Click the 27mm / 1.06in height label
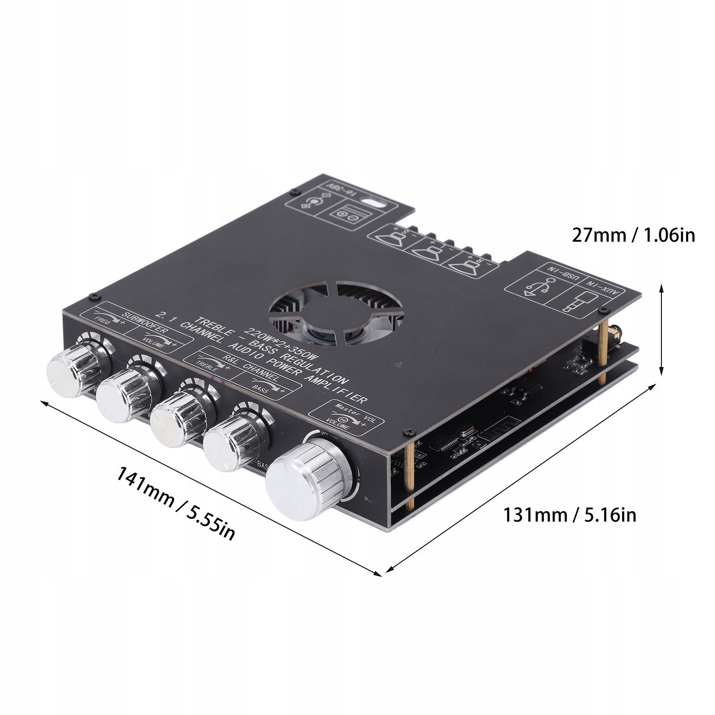click(x=634, y=235)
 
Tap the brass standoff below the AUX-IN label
click(x=602, y=353)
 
